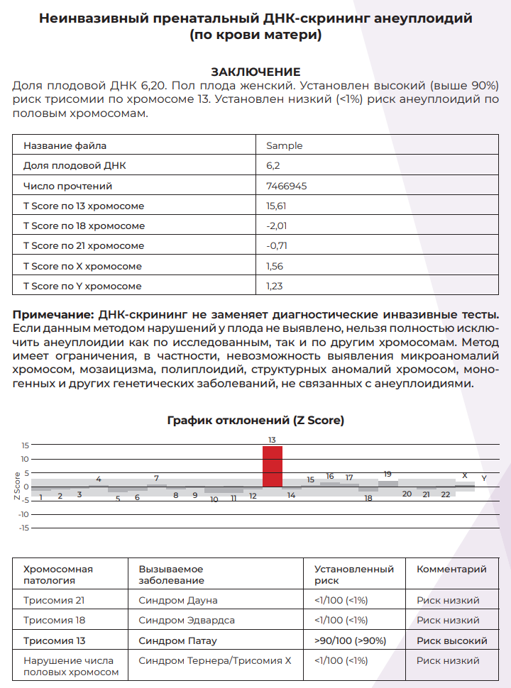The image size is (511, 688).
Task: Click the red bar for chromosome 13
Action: click(273, 466)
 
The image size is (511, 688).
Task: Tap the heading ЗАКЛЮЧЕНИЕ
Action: click(255, 72)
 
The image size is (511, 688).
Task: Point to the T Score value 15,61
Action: click(276, 206)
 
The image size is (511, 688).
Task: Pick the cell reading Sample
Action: click(284, 145)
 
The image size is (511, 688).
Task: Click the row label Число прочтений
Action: click(68, 186)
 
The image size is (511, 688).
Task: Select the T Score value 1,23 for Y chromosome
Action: click(273, 286)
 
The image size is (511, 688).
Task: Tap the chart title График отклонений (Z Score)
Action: click(255, 420)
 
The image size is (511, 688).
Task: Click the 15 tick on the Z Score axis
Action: click(25, 445)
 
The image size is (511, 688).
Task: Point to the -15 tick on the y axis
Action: click(23, 528)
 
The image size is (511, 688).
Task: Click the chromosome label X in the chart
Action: click(465, 475)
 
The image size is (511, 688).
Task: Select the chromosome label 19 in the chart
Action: click(388, 474)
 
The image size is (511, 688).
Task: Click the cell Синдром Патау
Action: click(178, 640)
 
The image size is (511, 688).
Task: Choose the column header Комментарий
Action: click(451, 569)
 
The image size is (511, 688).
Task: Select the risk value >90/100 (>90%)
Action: click(350, 640)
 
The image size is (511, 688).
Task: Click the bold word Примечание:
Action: click(54, 314)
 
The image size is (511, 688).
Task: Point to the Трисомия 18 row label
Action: click(54, 620)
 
